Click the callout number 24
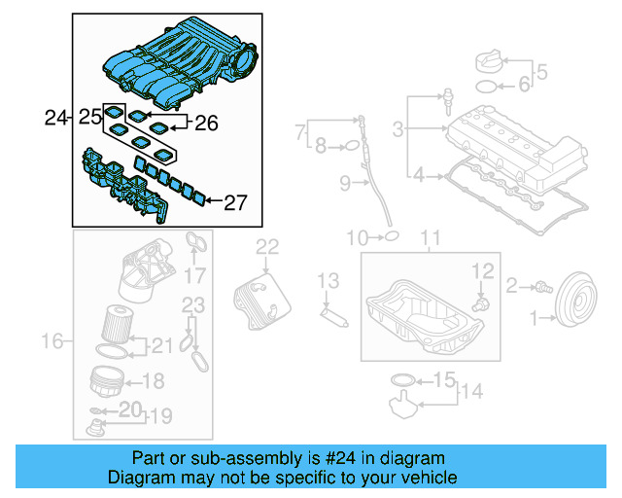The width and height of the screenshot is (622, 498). pos(56,119)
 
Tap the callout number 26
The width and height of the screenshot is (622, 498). pos(207,124)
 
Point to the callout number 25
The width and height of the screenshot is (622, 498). pos(89,119)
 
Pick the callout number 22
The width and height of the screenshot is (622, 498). pos(267,247)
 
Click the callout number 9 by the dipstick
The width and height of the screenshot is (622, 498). pos(345,183)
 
